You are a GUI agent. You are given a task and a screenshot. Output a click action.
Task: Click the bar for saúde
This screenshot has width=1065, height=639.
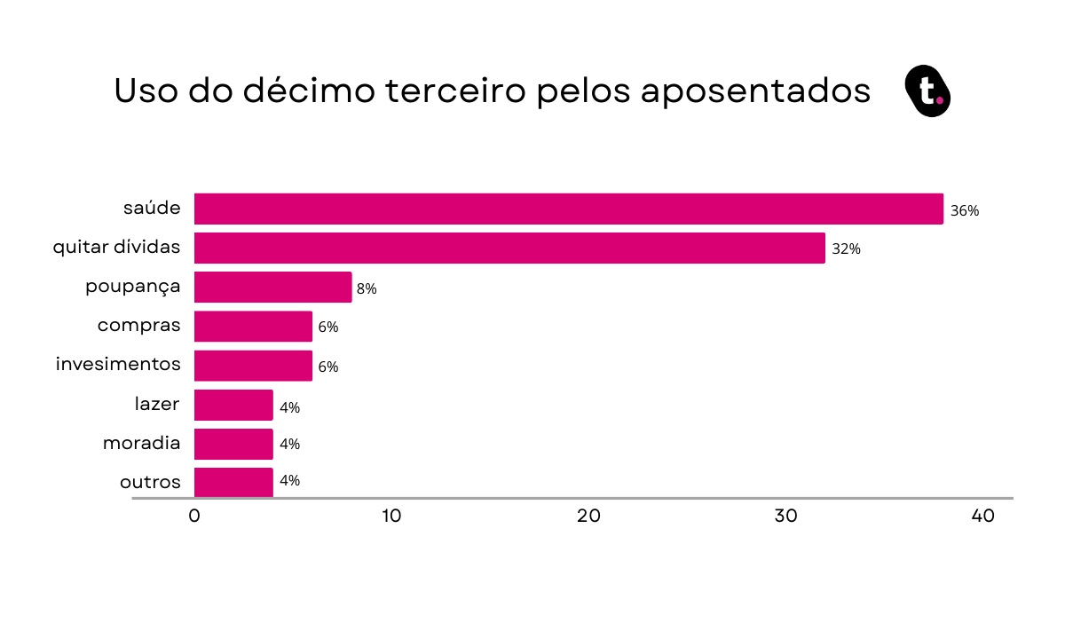pos(568,209)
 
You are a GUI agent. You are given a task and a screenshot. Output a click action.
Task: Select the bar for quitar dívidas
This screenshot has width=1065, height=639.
pos(509,248)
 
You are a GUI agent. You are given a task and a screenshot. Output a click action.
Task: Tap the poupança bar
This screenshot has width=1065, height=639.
pos(272,288)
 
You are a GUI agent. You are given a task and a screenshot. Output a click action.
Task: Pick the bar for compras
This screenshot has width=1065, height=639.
pos(253,327)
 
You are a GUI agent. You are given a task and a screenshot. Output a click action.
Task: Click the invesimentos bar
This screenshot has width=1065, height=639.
pos(253,366)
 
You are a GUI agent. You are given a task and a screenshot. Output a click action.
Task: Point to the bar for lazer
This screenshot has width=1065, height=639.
pos(233,405)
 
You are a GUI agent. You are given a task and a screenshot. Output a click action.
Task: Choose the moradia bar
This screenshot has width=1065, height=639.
pos(233,444)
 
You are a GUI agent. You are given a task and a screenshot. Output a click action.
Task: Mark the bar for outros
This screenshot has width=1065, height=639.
pos(233,482)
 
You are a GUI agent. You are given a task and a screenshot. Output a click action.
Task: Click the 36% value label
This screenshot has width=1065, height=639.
pos(964,211)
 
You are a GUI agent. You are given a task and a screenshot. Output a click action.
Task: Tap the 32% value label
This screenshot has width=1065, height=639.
pos(846,249)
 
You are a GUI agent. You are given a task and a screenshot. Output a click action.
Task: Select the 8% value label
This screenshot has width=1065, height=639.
pos(367,288)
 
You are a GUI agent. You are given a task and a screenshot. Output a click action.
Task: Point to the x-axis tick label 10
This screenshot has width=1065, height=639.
pos(391,517)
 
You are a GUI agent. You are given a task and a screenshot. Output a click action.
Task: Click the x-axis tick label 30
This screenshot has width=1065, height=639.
pos(785,517)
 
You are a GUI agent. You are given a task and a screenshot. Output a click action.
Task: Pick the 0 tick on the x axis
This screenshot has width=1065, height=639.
pos(194,517)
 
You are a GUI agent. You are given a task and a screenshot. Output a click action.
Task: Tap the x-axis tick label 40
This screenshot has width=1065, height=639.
pos(982,517)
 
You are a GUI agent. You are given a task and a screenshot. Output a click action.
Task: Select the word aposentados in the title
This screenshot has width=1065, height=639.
pos(755,92)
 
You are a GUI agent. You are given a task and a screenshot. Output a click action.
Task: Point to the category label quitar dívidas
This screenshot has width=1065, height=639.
pos(116,248)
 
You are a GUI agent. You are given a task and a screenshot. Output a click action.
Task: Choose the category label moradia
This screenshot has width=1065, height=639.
pos(141,443)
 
